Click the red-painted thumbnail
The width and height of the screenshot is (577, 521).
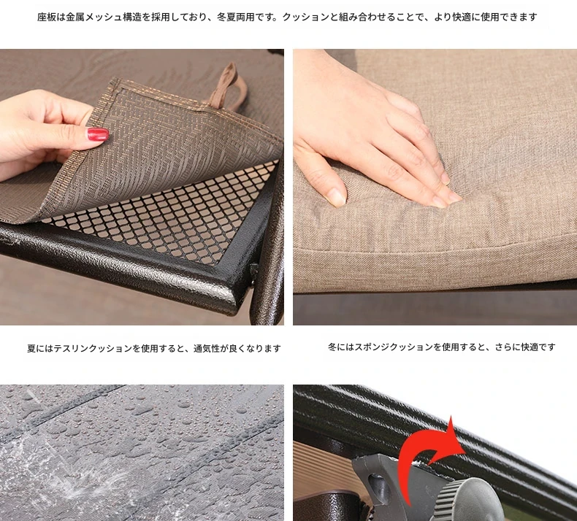click(x=98, y=134)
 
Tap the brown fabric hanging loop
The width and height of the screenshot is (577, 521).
click(x=226, y=88)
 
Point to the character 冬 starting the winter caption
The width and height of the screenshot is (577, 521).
click(x=332, y=347)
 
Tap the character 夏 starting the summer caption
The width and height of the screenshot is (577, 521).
click(x=31, y=348)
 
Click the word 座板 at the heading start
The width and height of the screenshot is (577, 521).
click(x=47, y=18)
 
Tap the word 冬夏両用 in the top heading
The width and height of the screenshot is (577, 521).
click(x=236, y=18)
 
